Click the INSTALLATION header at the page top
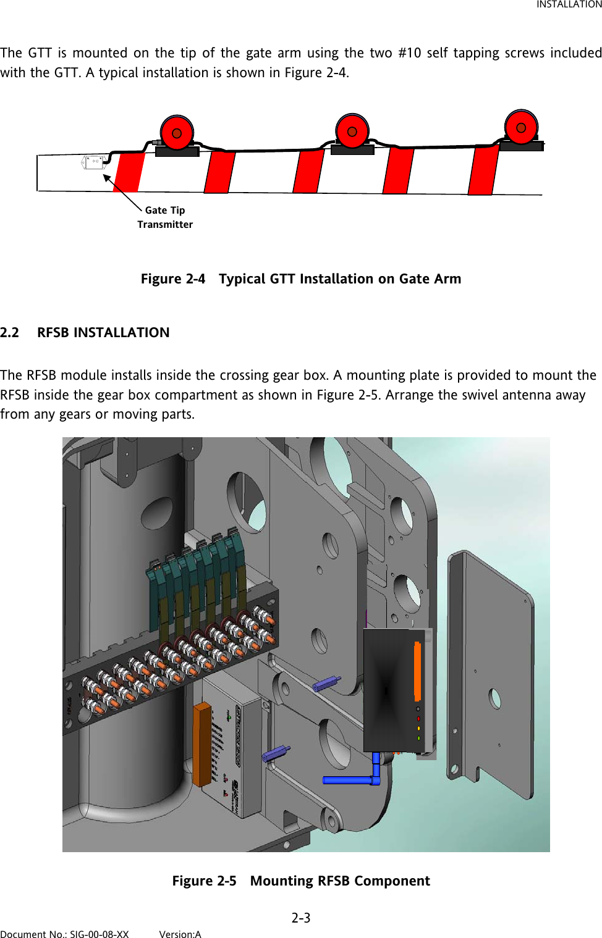pyautogui.click(x=568, y=5)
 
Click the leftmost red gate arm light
pyautogui.click(x=177, y=133)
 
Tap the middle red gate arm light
pyautogui.click(x=352, y=131)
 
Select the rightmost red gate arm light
pyautogui.click(x=521, y=127)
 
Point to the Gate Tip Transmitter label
pyautogui.click(x=165, y=217)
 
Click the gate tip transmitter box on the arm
pyautogui.click(x=94, y=163)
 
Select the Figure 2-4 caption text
pyautogui.click(x=301, y=279)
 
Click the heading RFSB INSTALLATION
pyautogui.click(x=103, y=333)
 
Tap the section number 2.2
pyautogui.click(x=9, y=333)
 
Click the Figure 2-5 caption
pyautogui.click(x=301, y=881)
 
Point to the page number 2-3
pyautogui.click(x=301, y=918)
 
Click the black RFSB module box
pyautogui.click(x=389, y=689)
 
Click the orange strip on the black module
pyautogui.click(x=417, y=671)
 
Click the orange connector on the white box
pyautogui.click(x=201, y=743)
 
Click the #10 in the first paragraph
pyautogui.click(x=409, y=53)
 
